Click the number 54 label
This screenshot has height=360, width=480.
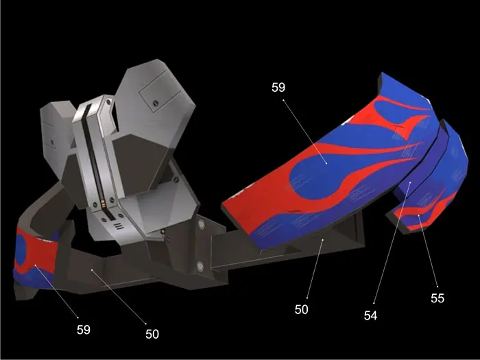[370, 315]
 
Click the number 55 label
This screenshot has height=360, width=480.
[437, 298]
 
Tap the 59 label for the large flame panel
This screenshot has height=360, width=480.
[278, 87]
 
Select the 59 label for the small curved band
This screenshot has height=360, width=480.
[84, 330]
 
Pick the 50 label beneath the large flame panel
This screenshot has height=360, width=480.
[302, 309]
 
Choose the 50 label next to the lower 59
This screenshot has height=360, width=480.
[152, 334]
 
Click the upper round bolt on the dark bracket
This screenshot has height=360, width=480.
[201, 225]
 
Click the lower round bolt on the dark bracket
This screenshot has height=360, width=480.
[200, 266]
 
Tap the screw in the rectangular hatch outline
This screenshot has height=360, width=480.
[156, 103]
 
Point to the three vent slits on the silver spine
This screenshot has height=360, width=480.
[119, 226]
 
